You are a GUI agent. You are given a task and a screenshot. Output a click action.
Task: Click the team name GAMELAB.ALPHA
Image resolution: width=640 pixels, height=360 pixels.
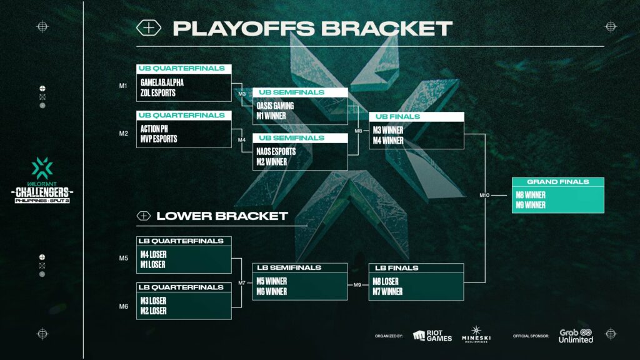162,82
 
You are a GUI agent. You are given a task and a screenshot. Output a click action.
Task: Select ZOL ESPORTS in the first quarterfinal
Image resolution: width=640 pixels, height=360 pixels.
158,92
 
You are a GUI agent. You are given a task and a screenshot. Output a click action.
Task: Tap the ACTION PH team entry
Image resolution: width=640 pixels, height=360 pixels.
155,128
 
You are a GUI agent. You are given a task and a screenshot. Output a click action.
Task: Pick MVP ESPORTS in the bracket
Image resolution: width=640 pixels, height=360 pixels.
159,139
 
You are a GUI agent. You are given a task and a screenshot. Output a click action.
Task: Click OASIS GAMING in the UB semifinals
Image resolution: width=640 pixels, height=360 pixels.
275,105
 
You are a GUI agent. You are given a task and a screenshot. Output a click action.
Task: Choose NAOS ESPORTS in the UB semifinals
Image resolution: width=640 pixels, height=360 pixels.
276,151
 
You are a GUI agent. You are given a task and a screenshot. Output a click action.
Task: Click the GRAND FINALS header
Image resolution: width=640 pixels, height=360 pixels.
557,182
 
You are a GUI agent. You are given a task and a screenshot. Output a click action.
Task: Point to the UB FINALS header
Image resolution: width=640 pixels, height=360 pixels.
397,117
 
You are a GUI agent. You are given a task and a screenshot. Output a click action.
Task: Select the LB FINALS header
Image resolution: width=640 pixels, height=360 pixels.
396,268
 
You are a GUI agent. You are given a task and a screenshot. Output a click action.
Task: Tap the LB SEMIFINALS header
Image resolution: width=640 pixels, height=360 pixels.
289,267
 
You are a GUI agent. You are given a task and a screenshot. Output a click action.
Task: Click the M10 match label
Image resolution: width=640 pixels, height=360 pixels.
484,196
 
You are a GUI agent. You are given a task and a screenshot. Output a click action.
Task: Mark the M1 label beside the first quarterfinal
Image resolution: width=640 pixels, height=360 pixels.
123,86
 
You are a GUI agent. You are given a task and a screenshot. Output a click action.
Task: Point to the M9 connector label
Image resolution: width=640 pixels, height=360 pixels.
357,285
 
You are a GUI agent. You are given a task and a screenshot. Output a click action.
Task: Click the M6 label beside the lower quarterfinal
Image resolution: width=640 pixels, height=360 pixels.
123,306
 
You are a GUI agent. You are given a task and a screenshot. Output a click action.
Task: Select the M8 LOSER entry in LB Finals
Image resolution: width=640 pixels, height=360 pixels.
386,281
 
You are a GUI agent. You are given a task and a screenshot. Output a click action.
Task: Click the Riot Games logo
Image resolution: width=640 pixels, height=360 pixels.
432,336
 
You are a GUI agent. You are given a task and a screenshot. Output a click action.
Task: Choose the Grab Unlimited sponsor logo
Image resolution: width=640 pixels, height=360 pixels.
576,336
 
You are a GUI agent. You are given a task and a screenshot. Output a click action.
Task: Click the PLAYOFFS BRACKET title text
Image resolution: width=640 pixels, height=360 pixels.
312,28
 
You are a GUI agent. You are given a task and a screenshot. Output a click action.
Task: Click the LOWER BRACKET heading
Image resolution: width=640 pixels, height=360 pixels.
221,216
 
